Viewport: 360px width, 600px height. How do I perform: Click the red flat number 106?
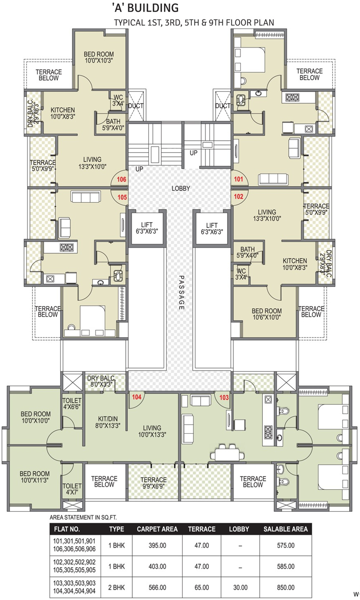(121, 179)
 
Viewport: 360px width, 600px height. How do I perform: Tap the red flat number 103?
(224, 397)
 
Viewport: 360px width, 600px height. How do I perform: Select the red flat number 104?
(136, 397)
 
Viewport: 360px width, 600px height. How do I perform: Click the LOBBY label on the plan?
(181, 188)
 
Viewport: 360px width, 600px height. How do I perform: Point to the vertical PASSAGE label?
(181, 293)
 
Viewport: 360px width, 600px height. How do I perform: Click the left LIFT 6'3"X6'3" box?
(147, 228)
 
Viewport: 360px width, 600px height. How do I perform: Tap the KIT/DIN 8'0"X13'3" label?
(108, 422)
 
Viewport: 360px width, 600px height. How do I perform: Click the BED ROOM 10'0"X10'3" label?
(99, 57)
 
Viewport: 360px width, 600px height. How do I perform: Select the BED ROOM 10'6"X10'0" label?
(266, 314)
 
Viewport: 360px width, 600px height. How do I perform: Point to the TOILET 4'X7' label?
(72, 489)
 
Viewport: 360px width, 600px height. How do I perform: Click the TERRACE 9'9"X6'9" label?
(154, 483)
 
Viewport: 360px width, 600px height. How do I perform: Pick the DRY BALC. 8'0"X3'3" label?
(101, 381)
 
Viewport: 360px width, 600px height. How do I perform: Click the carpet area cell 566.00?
(157, 587)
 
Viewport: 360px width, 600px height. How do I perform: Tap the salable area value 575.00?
(286, 545)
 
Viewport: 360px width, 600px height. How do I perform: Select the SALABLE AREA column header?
(286, 529)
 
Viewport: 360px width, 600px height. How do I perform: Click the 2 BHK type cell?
(116, 587)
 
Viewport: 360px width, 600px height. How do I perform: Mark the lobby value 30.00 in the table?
(240, 587)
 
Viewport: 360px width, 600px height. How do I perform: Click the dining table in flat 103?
(227, 454)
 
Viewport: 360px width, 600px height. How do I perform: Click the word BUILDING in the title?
(153, 8)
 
